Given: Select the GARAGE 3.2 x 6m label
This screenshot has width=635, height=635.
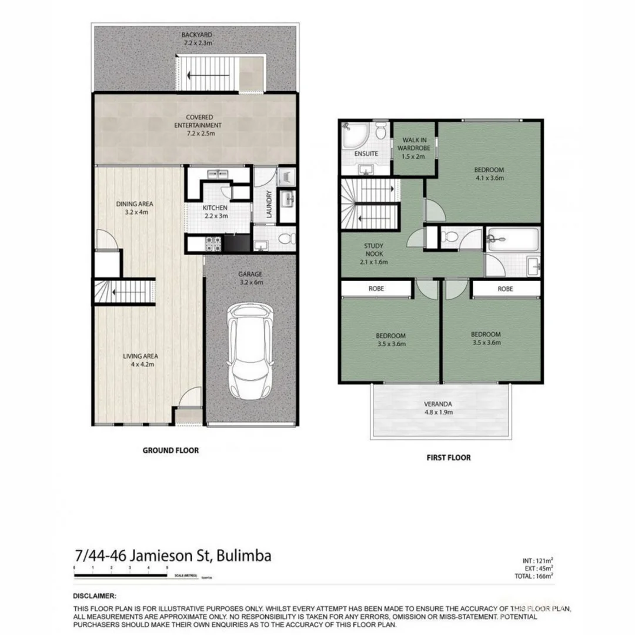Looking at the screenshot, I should click(x=250, y=278).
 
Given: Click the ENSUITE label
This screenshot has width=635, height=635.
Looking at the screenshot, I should click(x=365, y=153).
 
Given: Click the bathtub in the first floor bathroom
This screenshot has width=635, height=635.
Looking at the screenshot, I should click(x=512, y=240).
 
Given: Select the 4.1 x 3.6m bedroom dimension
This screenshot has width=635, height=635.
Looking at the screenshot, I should click(x=489, y=178).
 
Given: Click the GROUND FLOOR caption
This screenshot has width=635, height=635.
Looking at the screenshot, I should click(x=171, y=450).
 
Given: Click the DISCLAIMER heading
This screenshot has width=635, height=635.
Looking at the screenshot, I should click(x=95, y=596).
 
